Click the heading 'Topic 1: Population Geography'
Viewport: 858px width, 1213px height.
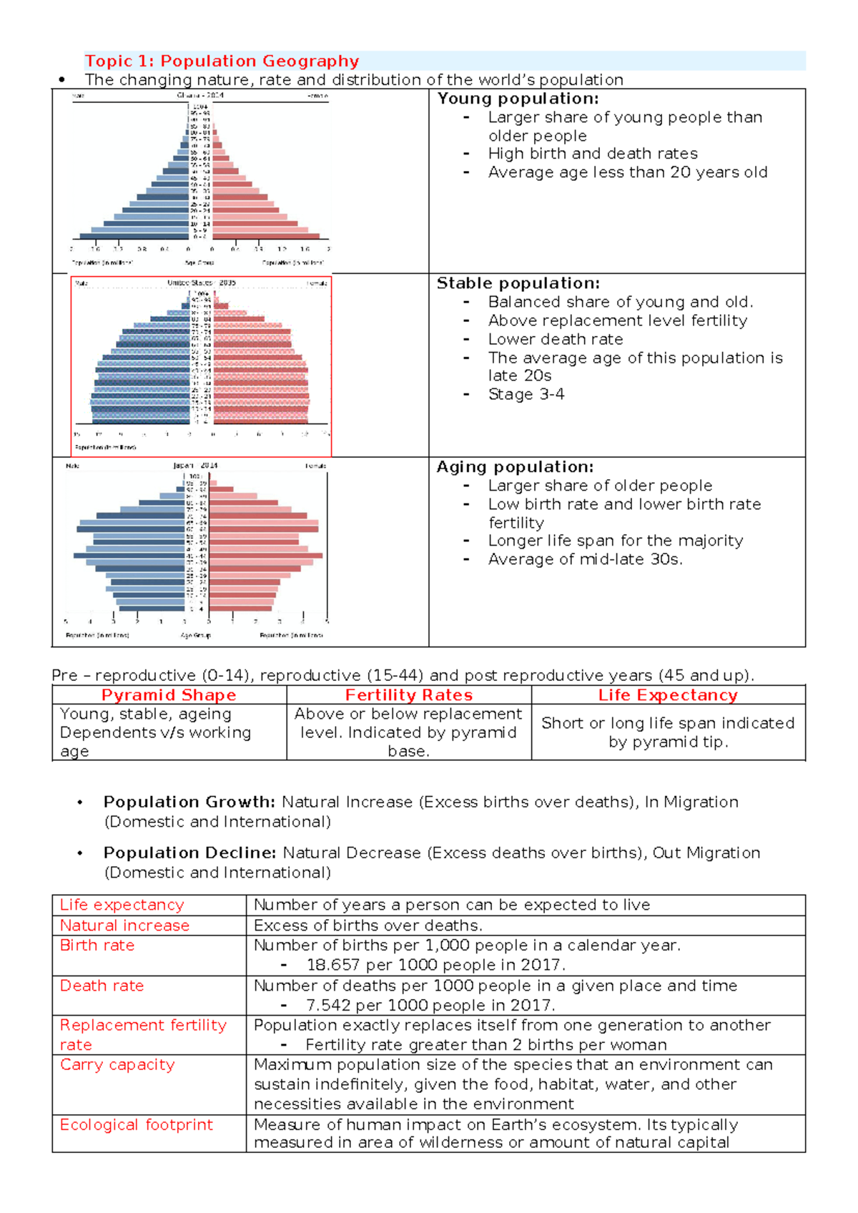tap(222, 61)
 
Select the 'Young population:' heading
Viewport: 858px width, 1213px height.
tap(518, 99)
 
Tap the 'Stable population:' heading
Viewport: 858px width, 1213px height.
tap(518, 283)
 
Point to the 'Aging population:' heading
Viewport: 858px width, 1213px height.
tap(515, 467)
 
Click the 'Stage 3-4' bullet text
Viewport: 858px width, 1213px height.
tap(526, 394)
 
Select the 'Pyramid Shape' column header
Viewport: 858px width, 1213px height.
tap(169, 695)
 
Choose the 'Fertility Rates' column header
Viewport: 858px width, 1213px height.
tap(409, 695)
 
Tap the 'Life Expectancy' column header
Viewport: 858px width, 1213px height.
tap(668, 695)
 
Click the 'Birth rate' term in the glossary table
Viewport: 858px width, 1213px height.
tap(97, 946)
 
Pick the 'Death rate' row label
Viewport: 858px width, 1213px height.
tap(102, 986)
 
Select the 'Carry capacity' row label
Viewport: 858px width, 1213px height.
tap(117, 1064)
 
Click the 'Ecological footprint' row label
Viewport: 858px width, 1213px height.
tap(136, 1124)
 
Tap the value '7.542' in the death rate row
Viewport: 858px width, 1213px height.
tap(328, 1005)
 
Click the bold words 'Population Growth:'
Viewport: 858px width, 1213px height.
tap(189, 802)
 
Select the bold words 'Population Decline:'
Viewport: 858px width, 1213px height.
tap(189, 853)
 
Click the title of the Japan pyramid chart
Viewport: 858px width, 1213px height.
tap(195, 466)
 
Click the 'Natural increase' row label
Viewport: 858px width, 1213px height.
tap(124, 925)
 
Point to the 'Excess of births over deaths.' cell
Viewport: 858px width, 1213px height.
tap(368, 925)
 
